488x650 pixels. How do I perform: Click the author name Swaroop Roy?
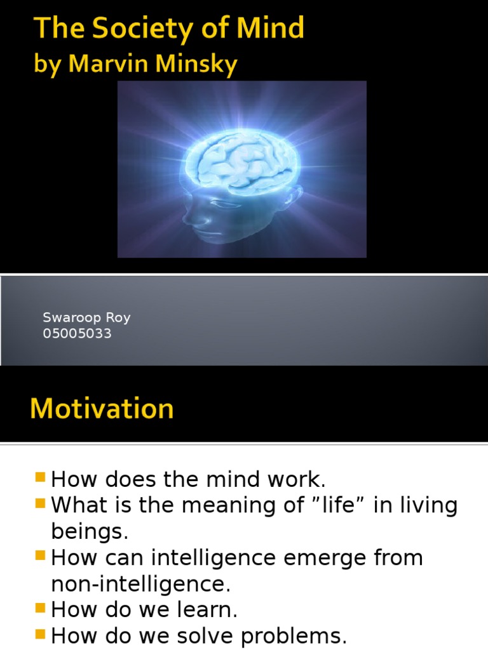pos(86,318)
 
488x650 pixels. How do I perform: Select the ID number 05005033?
pos(77,333)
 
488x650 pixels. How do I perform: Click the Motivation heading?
pos(102,408)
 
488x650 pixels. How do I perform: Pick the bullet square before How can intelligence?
pos(41,555)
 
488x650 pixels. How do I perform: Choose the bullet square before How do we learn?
pos(41,607)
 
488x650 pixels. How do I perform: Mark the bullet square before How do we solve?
pos(41,633)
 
